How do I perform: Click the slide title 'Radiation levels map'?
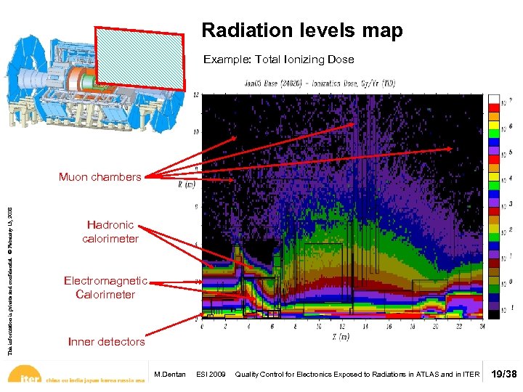click(x=301, y=31)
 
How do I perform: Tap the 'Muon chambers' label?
click(x=100, y=177)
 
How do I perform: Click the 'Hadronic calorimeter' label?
click(x=110, y=232)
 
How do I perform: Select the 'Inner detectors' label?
click(x=106, y=341)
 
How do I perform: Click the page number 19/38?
click(x=503, y=375)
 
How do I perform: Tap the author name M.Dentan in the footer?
click(x=170, y=375)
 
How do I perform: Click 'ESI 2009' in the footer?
click(x=211, y=375)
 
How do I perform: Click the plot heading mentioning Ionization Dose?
click(x=341, y=83)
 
